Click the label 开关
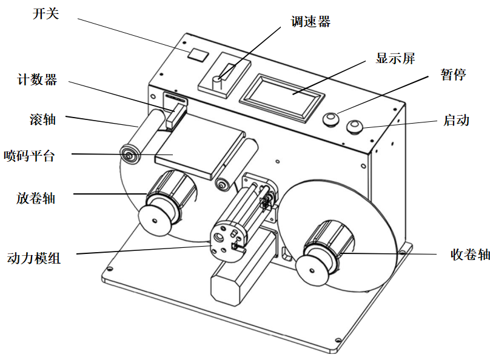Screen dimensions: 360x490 [x=45, y=13]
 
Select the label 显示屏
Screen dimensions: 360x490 [x=395, y=59]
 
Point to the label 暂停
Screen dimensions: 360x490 [x=454, y=75]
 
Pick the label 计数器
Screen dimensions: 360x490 [x=38, y=80]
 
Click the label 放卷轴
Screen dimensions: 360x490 [x=35, y=198]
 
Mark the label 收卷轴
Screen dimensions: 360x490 [x=471, y=255]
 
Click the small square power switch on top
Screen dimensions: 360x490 [x=197, y=55]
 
